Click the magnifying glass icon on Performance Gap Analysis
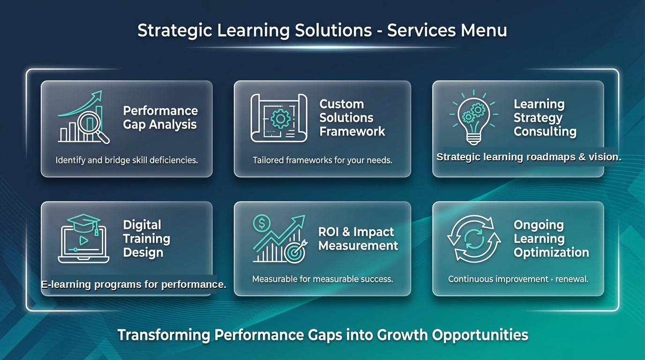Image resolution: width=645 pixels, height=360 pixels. pos(89,124)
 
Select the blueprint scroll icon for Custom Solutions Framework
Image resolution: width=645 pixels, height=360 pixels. pos(279,118)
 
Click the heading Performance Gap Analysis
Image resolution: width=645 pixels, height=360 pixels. pos(160,118)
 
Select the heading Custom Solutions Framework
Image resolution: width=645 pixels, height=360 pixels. pos(352,118)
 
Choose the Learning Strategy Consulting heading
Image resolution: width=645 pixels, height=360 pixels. pos(545,118)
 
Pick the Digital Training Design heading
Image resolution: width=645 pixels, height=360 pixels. pos(146,239)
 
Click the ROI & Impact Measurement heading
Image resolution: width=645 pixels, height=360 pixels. pos(358,239)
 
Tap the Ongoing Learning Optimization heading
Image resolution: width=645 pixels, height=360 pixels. pos(551,239)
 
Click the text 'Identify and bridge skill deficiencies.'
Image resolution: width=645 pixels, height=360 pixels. pos(127,160)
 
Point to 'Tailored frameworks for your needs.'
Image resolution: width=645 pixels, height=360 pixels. pos(322,160)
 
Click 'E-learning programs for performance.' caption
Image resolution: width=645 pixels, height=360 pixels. pos(134,285)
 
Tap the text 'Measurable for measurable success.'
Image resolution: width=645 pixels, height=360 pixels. pos(322,279)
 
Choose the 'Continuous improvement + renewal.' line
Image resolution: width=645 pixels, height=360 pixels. pos(518,279)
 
